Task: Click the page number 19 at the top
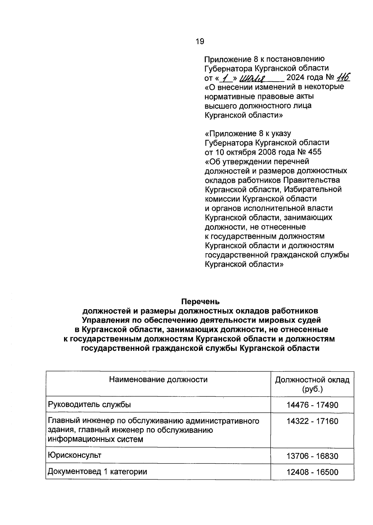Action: pos(200,41)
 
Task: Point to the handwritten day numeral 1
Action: pos(223,77)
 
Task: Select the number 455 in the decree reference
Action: pos(315,152)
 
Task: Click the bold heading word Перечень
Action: pos(200,301)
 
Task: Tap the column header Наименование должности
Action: pos(158,379)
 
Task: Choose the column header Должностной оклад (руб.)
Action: pos(312,384)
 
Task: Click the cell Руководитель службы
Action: pos(89,405)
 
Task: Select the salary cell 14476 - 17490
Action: pos(312,405)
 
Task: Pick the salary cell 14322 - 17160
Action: pos(312,421)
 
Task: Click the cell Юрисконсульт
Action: pos(75,455)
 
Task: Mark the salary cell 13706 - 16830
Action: pos(312,456)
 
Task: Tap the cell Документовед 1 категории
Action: pos(97,472)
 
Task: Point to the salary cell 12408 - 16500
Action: pos(312,472)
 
